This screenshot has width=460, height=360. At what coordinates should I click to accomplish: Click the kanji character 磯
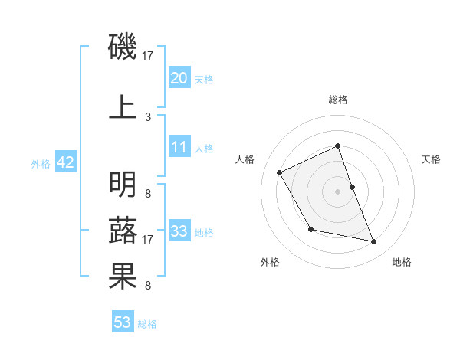[x=123, y=47]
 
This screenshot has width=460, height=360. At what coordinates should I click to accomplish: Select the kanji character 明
[x=123, y=185]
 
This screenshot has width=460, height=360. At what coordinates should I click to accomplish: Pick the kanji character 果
[x=123, y=277]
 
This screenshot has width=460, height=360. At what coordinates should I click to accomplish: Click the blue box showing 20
[x=179, y=77]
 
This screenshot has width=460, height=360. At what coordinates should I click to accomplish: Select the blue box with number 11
[x=179, y=147]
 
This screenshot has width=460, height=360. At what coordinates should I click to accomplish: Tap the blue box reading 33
[x=179, y=231]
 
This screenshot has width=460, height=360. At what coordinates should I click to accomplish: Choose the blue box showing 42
[x=65, y=162]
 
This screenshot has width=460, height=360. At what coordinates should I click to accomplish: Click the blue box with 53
[x=123, y=322]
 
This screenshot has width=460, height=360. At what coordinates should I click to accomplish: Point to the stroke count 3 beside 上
[x=148, y=116]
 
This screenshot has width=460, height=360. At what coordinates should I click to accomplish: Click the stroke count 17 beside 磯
[x=148, y=56]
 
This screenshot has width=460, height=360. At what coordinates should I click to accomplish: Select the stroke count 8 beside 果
[x=148, y=286]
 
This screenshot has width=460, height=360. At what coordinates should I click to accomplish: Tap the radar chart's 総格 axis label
[x=337, y=100]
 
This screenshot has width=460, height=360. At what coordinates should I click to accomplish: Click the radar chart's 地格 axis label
[x=402, y=262]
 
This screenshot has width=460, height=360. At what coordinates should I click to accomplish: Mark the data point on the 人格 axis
[x=280, y=172]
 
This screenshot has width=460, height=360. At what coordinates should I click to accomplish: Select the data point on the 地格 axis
[x=374, y=242]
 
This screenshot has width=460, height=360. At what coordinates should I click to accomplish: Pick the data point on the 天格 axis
[x=352, y=186]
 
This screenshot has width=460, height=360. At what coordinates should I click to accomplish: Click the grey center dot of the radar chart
[x=337, y=191]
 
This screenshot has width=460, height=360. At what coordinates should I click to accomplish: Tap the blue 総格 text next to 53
[x=147, y=324]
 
